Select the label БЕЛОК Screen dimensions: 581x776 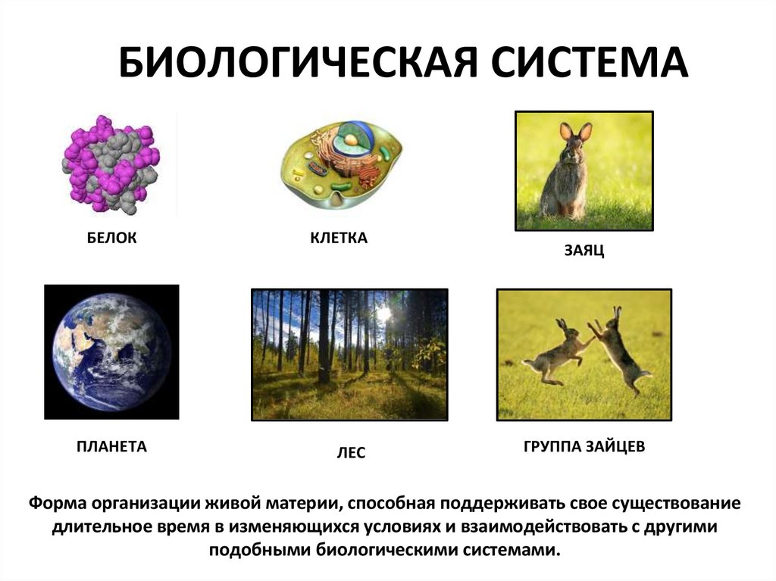click(111, 239)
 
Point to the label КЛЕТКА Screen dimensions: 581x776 click(339, 239)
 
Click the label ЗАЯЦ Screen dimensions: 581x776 click(583, 251)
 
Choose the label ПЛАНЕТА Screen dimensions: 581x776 click(111, 447)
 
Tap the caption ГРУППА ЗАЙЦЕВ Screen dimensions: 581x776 click(584, 447)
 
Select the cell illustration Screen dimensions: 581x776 click(341, 163)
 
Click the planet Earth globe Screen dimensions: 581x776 click(111, 352)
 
